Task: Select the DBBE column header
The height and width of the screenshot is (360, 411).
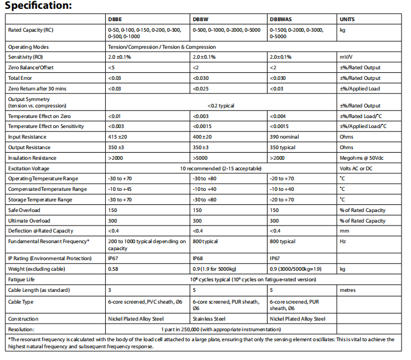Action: tap(115, 19)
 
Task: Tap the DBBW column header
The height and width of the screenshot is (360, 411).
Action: tap(200, 19)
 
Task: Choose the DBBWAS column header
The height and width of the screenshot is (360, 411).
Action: tap(280, 19)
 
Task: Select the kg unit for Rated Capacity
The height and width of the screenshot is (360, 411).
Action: tap(343, 29)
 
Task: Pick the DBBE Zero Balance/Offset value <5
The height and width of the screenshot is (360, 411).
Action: tap(111, 68)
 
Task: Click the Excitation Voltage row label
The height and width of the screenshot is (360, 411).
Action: tap(28, 169)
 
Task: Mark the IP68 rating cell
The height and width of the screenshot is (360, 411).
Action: tap(198, 258)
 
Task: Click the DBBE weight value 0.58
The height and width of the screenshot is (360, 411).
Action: tap(113, 269)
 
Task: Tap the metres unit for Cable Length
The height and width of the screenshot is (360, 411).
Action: tap(347, 290)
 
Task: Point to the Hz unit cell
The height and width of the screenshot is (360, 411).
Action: tap(343, 241)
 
